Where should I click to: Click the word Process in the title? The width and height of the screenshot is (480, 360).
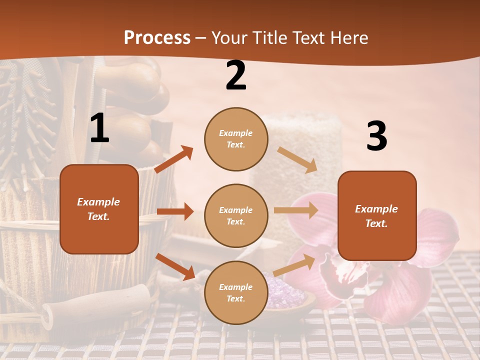(x=157, y=38)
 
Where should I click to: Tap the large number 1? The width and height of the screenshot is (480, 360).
(x=99, y=128)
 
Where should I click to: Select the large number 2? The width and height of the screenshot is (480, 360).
(x=236, y=75)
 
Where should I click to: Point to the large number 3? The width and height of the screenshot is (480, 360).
(x=376, y=136)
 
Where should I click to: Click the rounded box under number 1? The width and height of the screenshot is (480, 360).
(x=99, y=209)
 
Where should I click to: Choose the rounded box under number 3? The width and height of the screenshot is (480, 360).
(x=377, y=215)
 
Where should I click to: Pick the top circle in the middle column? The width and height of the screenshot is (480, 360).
(x=236, y=139)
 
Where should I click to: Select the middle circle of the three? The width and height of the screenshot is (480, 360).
(x=236, y=215)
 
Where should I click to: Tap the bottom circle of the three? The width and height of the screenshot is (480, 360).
(x=236, y=292)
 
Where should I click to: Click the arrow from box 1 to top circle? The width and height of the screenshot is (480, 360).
(x=174, y=159)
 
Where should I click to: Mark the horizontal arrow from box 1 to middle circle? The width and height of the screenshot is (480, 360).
(x=175, y=211)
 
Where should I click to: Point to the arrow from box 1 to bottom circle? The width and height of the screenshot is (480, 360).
(x=175, y=266)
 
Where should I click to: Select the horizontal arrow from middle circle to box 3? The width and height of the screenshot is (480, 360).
(x=296, y=210)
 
